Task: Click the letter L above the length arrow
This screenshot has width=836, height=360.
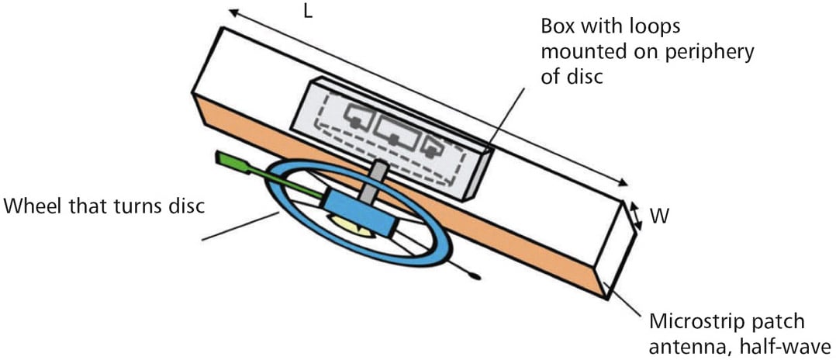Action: (308, 13)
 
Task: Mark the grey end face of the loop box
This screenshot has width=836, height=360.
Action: (478, 174)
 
